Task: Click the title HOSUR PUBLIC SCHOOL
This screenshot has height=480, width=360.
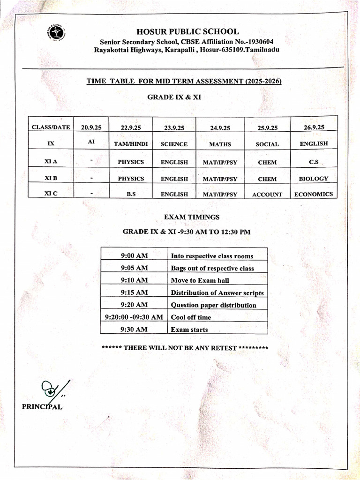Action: (x=187, y=32)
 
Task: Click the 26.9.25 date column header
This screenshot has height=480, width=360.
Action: (x=314, y=127)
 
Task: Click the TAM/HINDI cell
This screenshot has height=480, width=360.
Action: (x=131, y=144)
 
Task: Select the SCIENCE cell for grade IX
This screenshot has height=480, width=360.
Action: (x=174, y=144)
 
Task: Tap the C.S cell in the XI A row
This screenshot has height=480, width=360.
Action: (x=314, y=162)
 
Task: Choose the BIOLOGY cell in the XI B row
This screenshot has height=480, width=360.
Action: (x=314, y=179)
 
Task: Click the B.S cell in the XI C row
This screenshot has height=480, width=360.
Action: (x=131, y=194)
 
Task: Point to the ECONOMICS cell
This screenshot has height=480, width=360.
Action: (x=314, y=194)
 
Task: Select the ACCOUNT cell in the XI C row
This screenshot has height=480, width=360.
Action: (x=267, y=195)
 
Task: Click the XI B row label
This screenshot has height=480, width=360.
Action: (x=51, y=178)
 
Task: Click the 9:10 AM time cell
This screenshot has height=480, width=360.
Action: (x=134, y=280)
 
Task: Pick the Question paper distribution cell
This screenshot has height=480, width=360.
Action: (x=213, y=305)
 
